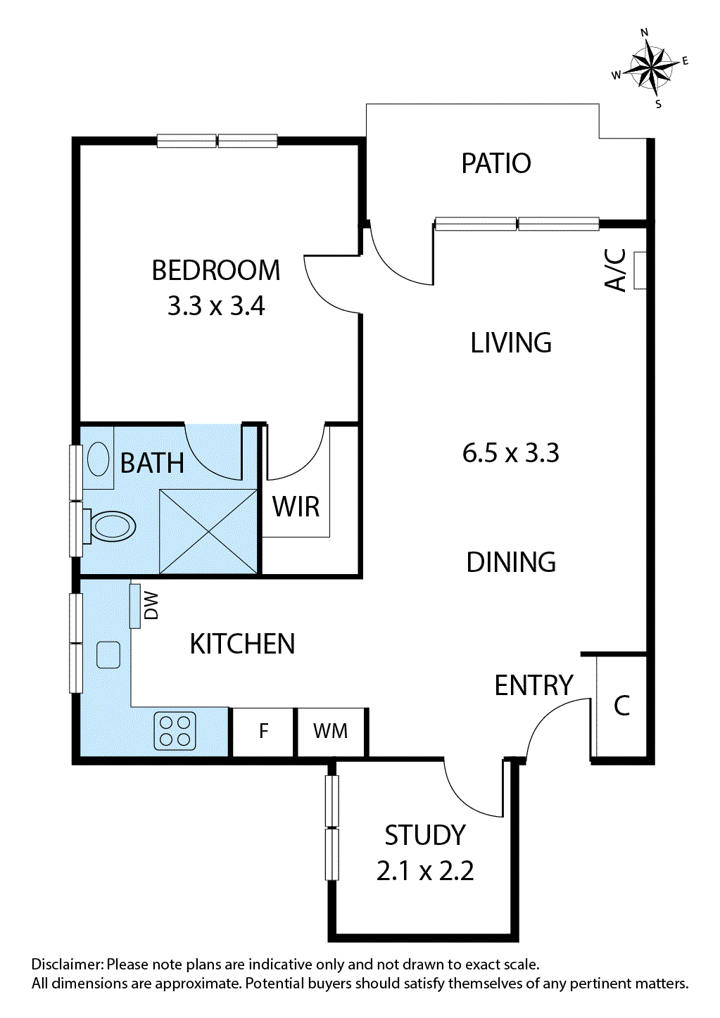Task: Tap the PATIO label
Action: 495,163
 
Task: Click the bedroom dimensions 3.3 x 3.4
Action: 216,306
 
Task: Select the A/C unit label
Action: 616,269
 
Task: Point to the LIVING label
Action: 511,343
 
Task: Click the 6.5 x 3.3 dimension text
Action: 510,453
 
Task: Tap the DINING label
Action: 511,562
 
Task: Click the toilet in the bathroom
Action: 111,526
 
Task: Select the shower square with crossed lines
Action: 208,531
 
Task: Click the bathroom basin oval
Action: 98,459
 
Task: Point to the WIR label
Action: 296,507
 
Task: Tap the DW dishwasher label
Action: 151,606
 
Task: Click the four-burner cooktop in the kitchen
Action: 175,731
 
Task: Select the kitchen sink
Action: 108,655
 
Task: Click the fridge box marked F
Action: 263,732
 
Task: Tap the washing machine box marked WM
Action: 330,732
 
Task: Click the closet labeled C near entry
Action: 621,706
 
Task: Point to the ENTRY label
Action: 533,685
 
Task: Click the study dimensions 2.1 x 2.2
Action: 425,871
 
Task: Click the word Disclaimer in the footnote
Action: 66,965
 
